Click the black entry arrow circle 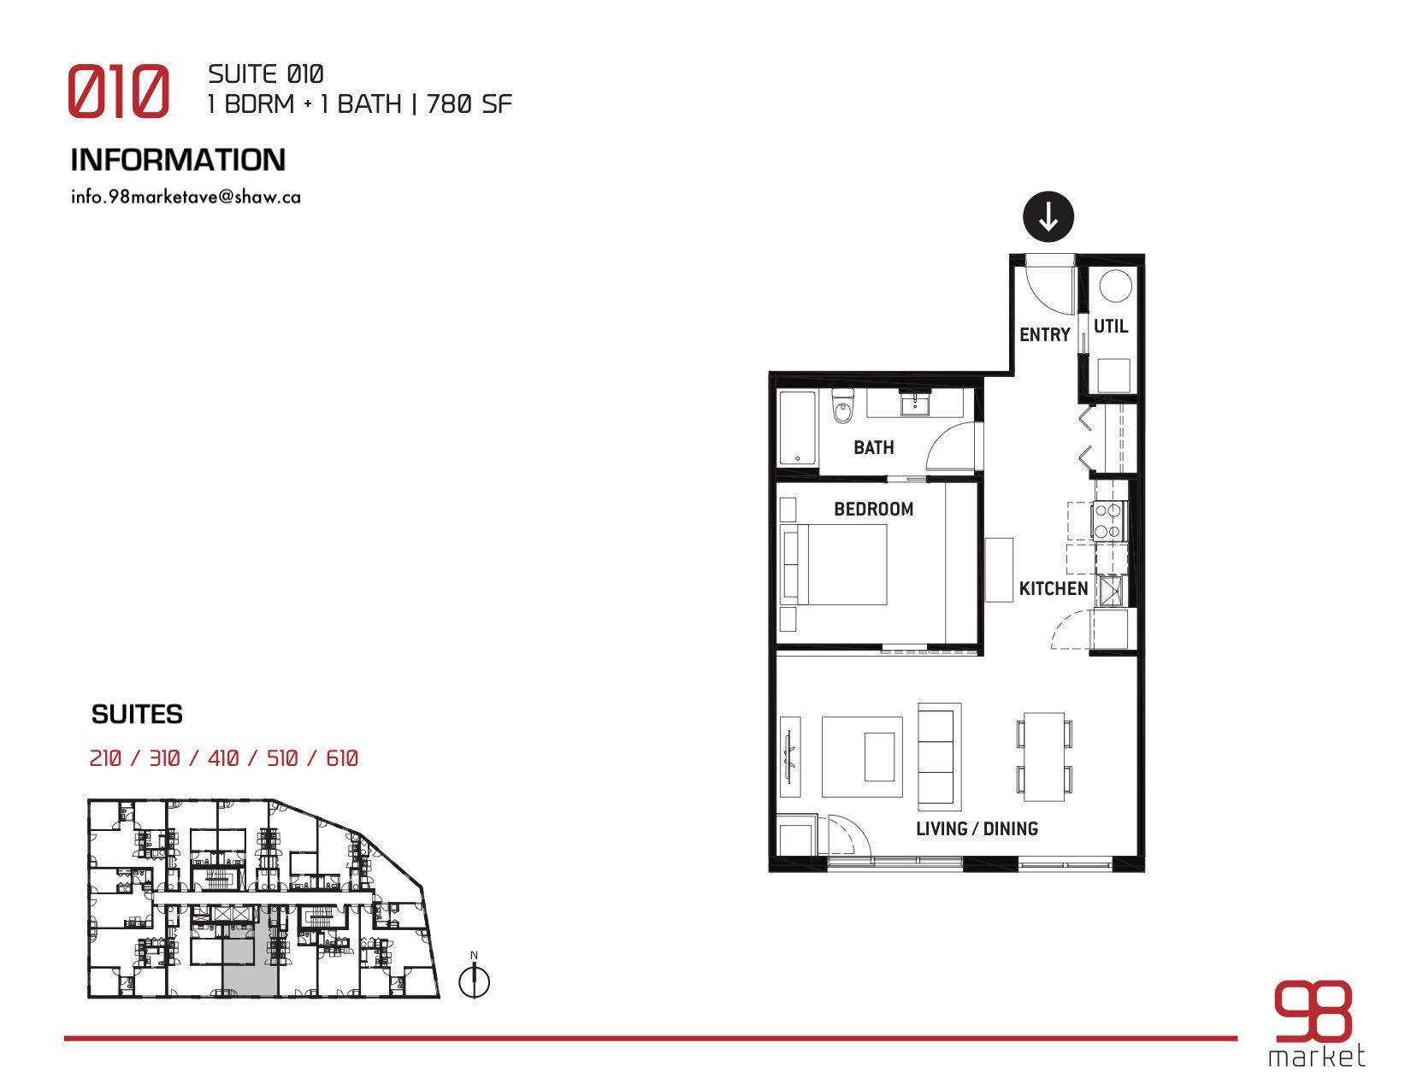pos(1048,217)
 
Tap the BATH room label pos(873,447)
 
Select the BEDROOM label pos(873,509)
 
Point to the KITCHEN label pos(1054,588)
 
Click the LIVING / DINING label pos(977,828)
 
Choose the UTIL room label pos(1110,326)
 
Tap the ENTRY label pos(1044,334)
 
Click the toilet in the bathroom pos(843,406)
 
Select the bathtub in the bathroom pos(797,427)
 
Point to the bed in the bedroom pos(835,564)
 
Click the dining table pos(1044,757)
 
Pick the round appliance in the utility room pos(1115,286)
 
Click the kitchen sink pos(1110,591)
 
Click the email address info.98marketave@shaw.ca pos(186,197)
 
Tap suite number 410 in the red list pos(223,758)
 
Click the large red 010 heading pos(119,91)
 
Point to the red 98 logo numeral pos(1312,1019)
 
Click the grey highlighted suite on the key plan pos(251,965)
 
